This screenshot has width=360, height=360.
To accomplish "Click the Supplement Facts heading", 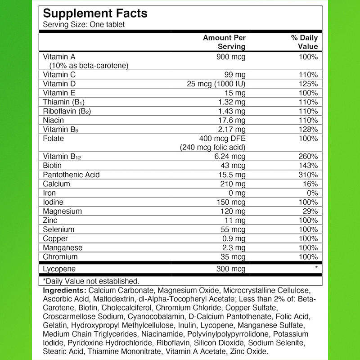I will pyautogui.click(x=95, y=13).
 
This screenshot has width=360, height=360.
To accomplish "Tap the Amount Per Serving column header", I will pyautogui.click(x=224, y=42).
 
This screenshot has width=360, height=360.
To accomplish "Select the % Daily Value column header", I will pyautogui.click(x=305, y=42).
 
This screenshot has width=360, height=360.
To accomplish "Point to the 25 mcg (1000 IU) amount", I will pyautogui.click(x=216, y=84).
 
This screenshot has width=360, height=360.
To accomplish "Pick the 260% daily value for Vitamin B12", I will pyautogui.click(x=308, y=157).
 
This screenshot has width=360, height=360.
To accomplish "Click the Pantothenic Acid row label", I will pyautogui.click(x=71, y=175).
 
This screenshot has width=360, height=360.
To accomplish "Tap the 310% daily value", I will pyautogui.click(x=308, y=175).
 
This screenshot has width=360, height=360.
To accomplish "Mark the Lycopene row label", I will pyautogui.click(x=58, y=269).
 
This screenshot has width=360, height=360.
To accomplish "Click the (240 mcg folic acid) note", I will pyautogui.click(x=213, y=147).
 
